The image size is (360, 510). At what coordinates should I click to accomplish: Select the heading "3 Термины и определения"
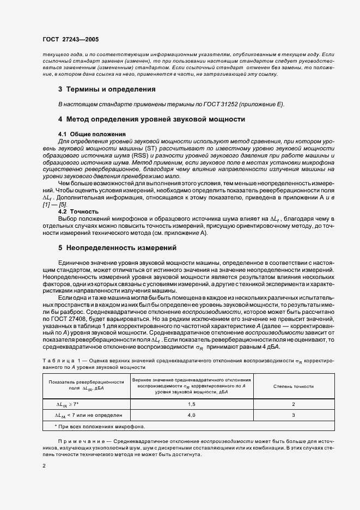coord(107,89)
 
